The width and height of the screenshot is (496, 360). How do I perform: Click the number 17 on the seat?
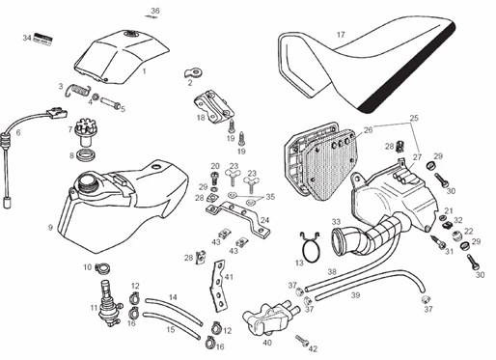point(341,35)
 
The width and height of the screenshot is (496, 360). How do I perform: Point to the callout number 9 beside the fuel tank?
point(50,228)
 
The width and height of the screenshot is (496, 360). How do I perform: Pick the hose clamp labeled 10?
point(103,267)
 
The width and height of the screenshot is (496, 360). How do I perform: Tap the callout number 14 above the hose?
point(173,297)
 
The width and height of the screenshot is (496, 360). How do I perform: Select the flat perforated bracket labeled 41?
point(219,287)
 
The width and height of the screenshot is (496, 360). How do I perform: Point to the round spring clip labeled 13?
point(310,248)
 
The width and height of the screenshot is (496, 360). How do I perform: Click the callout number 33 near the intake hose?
point(336,222)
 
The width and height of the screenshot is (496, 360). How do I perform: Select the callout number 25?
point(414,118)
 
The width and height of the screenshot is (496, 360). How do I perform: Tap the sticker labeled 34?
point(42,39)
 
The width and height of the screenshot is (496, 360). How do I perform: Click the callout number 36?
point(155,11)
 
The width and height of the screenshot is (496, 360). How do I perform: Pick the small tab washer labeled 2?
point(193,72)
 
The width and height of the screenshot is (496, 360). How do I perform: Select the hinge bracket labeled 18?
point(213,106)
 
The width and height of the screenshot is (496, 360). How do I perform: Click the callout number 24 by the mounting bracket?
point(265,221)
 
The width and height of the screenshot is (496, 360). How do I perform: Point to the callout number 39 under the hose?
point(355,295)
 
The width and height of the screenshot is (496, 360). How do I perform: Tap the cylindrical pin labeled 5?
point(110,102)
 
